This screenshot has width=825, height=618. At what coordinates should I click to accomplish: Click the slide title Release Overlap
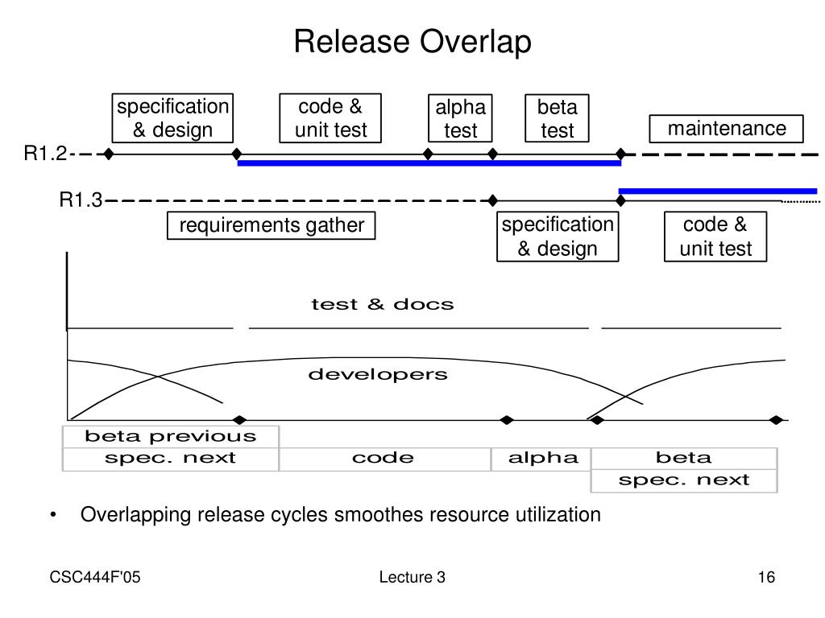click(412, 42)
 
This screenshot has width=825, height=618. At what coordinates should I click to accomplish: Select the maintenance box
click(726, 129)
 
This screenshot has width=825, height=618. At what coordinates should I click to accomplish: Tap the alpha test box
click(460, 118)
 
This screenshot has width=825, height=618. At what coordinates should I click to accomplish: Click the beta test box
click(558, 118)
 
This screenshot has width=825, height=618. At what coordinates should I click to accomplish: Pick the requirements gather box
click(271, 225)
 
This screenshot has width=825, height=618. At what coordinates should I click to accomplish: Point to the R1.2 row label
click(45, 154)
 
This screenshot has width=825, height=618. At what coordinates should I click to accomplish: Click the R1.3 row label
click(81, 200)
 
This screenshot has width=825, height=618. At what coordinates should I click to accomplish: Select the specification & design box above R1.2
click(172, 118)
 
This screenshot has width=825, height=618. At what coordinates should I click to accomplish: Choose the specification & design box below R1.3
click(558, 237)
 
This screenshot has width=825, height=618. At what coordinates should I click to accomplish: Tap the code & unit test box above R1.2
click(330, 118)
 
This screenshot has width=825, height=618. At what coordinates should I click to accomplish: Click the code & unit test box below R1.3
click(715, 237)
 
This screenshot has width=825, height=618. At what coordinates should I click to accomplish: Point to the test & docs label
click(383, 304)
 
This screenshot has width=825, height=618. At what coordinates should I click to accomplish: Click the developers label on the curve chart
click(378, 375)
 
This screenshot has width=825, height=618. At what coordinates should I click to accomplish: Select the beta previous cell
click(171, 436)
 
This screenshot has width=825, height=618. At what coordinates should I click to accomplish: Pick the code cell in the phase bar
click(383, 459)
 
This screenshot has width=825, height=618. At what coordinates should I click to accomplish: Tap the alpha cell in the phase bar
click(542, 459)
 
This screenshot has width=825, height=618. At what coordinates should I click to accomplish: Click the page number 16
click(766, 577)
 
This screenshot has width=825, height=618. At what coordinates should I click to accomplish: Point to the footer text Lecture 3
click(412, 577)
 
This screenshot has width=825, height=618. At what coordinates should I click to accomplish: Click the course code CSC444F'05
click(95, 577)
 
